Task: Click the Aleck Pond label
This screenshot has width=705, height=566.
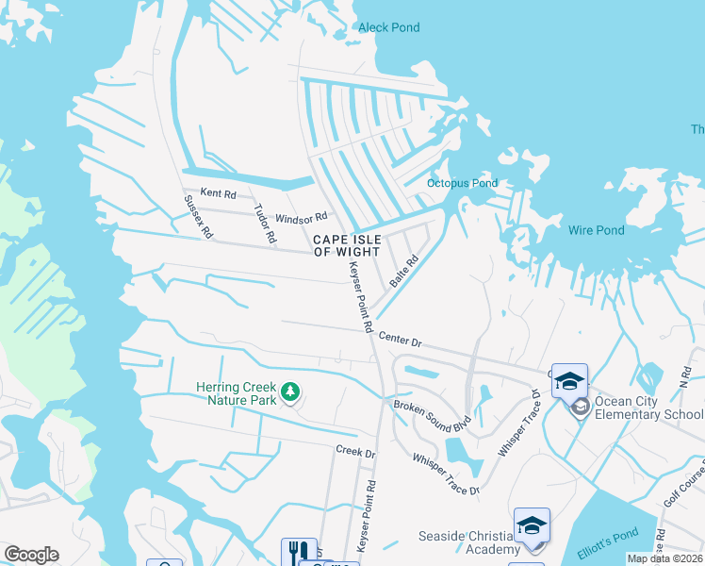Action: click(x=388, y=27)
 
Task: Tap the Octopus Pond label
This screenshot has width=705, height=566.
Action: click(x=462, y=183)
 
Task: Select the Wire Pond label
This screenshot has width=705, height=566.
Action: click(x=596, y=230)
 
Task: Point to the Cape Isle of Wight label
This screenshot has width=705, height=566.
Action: click(x=347, y=246)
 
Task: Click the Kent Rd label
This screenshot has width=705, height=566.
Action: click(x=218, y=192)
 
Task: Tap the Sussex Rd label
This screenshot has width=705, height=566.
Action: click(x=200, y=216)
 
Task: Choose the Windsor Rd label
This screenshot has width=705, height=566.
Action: click(x=301, y=218)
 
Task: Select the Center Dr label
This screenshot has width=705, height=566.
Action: click(x=400, y=339)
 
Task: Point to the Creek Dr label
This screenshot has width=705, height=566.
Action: click(x=355, y=452)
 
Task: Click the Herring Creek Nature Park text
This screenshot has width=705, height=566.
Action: click(x=237, y=393)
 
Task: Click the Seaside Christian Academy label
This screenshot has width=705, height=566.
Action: click(x=468, y=542)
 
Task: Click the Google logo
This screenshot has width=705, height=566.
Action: click(x=31, y=555)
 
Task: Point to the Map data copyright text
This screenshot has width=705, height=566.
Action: click(x=664, y=558)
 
